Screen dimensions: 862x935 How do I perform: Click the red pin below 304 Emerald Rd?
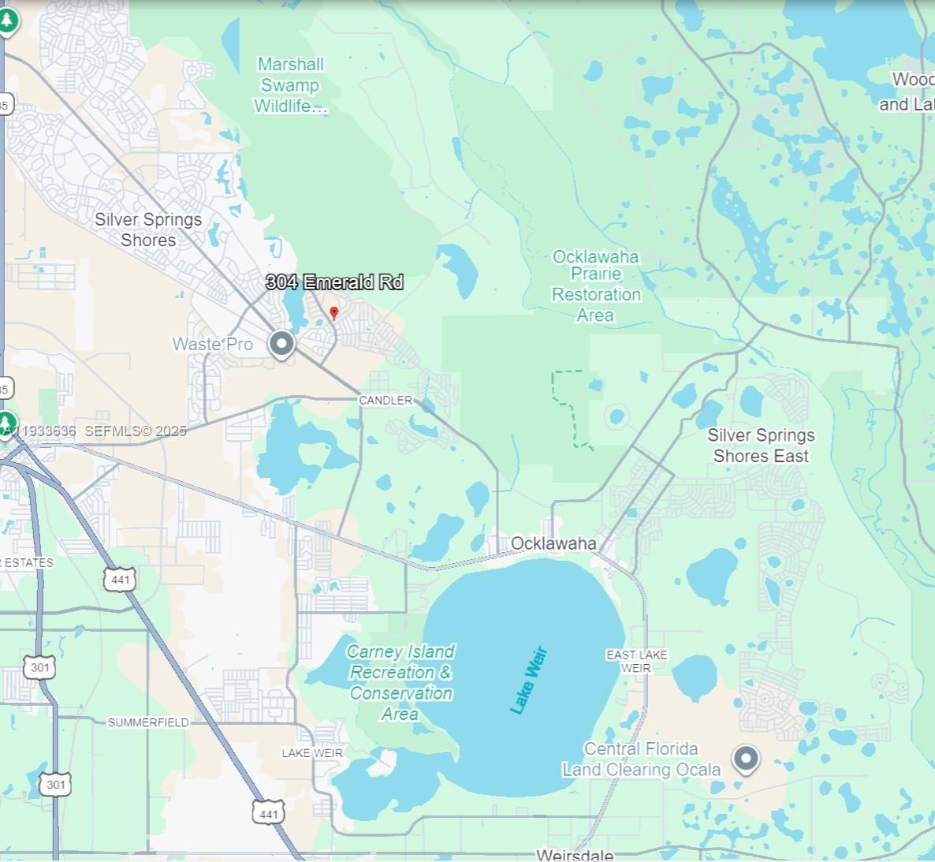click(334, 313)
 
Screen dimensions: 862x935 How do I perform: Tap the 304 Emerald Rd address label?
click(334, 282)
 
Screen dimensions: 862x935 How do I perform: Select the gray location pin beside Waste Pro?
click(281, 344)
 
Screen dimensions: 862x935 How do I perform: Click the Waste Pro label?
click(212, 344)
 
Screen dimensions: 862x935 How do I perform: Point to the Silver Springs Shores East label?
click(761, 446)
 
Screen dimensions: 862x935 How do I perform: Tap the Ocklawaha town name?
click(553, 543)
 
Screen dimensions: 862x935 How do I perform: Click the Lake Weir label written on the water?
click(528, 681)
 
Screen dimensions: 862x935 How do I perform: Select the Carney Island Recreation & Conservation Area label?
click(400, 682)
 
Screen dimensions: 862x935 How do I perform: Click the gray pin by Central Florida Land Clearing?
click(745, 759)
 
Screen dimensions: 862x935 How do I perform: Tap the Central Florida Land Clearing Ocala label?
click(641, 759)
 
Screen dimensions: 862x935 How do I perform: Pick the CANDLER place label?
click(386, 401)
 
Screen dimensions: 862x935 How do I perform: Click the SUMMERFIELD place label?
click(148, 722)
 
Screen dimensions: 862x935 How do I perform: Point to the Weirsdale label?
click(574, 855)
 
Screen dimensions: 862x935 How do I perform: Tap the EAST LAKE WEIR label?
click(636, 661)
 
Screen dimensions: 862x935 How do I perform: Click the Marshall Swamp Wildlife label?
click(290, 85)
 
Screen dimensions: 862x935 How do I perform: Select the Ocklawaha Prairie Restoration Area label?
click(596, 285)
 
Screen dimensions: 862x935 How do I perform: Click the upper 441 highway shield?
click(120, 580)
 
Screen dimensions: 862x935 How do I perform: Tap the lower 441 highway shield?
click(268, 814)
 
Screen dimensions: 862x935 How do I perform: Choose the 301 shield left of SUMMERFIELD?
click(40, 668)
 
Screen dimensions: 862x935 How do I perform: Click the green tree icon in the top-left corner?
click(8, 21)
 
